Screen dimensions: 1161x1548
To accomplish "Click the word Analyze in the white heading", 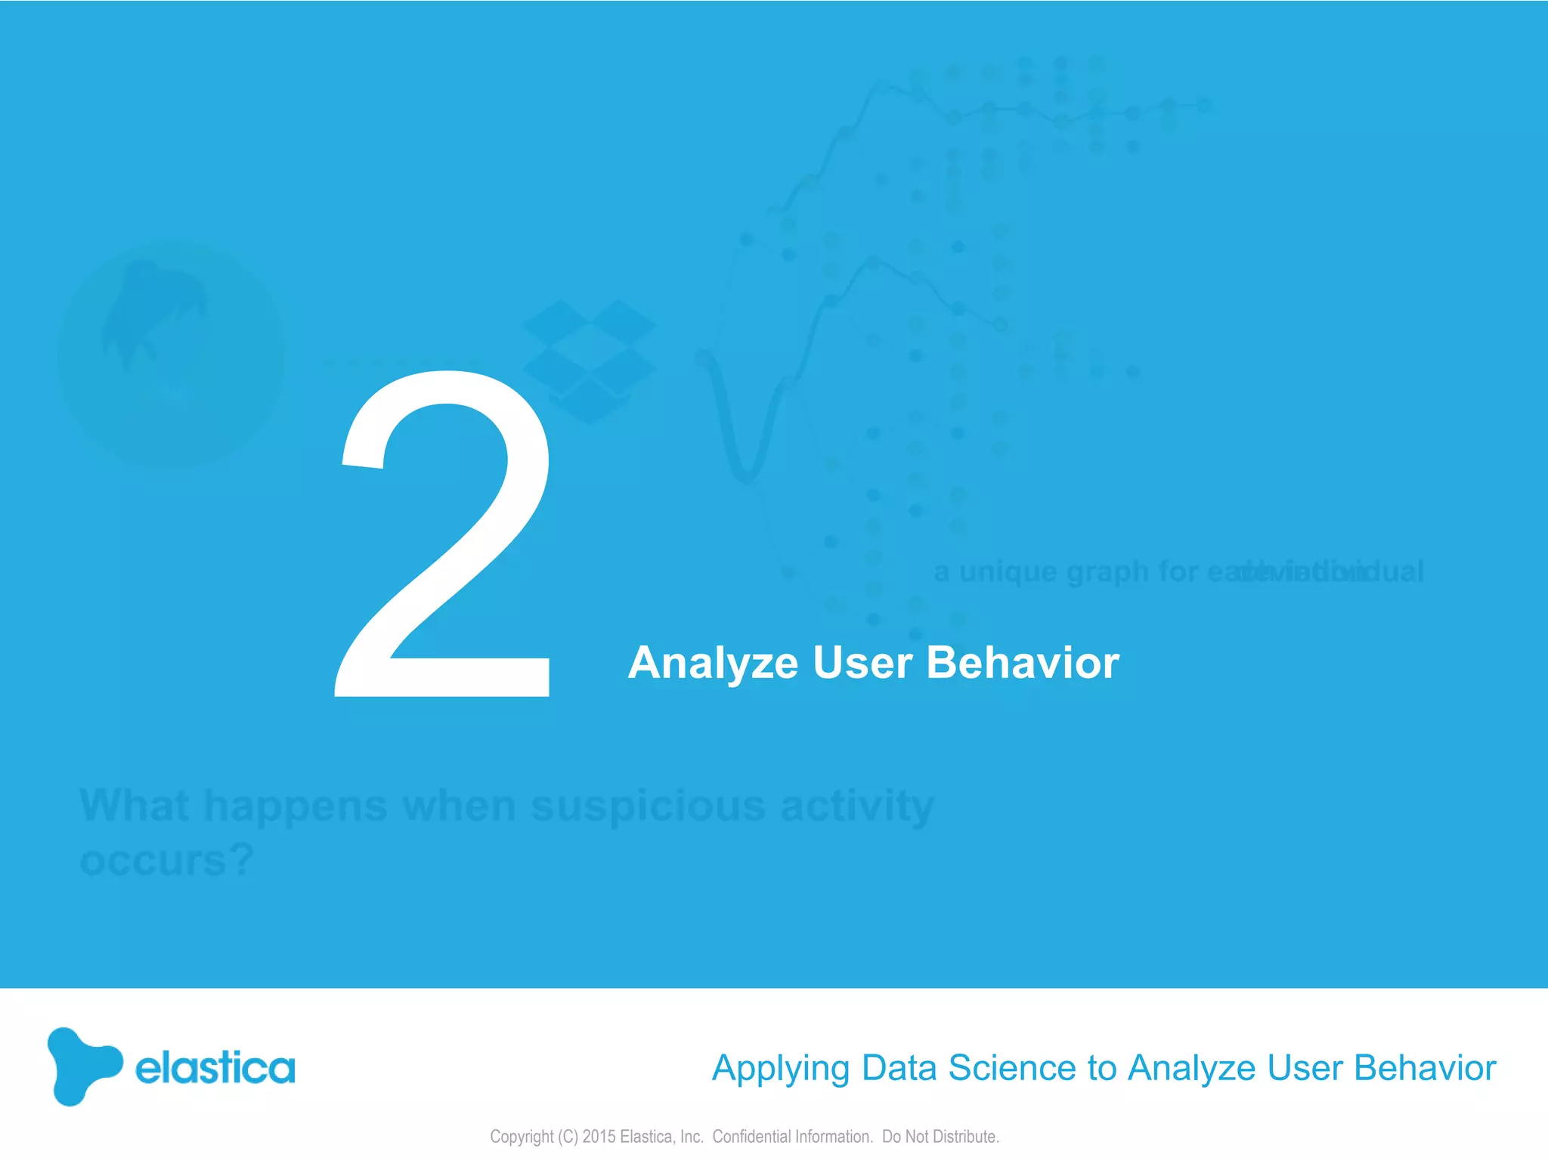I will tap(713, 663).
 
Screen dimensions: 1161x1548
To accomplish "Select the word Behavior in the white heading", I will tap(1022, 663).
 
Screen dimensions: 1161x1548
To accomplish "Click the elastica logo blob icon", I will tap(82, 1066).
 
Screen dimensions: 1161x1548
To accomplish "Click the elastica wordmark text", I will tap(215, 1068).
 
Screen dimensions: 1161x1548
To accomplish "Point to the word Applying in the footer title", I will tap(781, 1069).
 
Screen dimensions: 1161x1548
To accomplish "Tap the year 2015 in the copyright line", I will tap(599, 1136).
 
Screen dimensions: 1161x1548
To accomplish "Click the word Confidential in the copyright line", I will tap(751, 1136).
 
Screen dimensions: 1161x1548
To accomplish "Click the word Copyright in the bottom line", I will tap(522, 1136).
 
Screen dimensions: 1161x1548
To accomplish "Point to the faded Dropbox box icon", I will tap(589, 361).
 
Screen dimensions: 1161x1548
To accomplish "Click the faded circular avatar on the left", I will tap(172, 355).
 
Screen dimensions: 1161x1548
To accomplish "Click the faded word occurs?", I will tap(166, 861).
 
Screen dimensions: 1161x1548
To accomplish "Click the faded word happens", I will tap(296, 806).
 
